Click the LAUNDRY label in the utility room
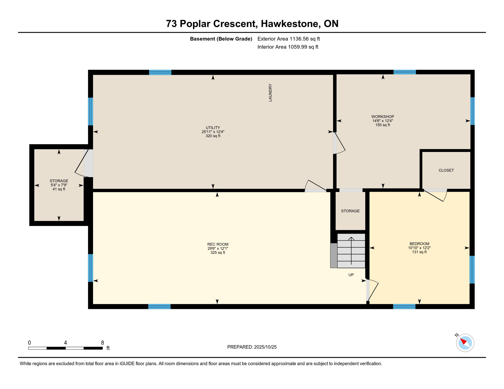pos(270,93)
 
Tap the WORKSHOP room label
pos(383,116)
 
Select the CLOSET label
pos(446,170)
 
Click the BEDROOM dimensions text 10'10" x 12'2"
pos(419,248)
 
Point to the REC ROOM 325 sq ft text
pos(218,252)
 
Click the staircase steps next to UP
pos(351,251)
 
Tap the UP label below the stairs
pos(351,275)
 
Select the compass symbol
pos(465,343)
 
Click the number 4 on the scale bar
pos(65,343)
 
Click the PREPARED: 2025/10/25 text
pos(252,347)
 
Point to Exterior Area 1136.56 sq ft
pos(289,39)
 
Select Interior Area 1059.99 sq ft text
pos(288,47)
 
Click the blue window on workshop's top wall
pos(405,72)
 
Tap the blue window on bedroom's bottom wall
pos(404,307)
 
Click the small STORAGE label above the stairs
pos(350,211)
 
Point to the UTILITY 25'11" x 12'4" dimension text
pos(213,132)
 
